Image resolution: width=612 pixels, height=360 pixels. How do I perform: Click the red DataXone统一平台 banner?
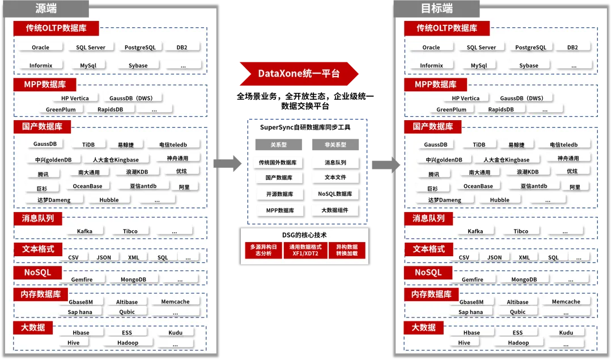pos(299,73)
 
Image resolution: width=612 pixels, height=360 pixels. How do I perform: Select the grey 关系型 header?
pos(279,145)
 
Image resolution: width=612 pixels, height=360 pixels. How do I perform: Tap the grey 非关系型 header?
pos(335,145)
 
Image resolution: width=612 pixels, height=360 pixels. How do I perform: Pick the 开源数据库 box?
pos(279,194)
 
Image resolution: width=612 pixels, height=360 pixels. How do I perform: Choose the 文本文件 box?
pos(335,177)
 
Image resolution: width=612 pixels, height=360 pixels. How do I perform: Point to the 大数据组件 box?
pos(335,210)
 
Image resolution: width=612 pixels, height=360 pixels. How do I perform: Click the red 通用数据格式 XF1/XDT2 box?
pos(305,250)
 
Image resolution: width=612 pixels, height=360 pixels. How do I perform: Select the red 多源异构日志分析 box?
pos(263,250)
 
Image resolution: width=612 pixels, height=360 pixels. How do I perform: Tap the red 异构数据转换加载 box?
pos(347,250)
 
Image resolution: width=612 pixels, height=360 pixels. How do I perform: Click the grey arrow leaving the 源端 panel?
pos(228,164)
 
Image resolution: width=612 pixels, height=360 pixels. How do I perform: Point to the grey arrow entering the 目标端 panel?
pos(386,164)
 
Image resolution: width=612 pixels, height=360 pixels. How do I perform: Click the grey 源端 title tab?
pos(46,9)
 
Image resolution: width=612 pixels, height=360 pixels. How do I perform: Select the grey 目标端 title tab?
pos(437,9)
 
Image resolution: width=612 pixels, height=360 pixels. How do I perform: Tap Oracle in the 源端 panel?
pos(41,48)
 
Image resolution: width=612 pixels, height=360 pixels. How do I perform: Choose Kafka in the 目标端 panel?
pos(475,231)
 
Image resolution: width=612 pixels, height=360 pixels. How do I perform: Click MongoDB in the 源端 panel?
pos(134,279)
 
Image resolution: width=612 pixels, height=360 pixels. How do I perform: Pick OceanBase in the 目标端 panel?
pos(478,187)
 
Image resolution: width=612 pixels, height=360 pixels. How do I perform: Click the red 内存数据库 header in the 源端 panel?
pos(41,294)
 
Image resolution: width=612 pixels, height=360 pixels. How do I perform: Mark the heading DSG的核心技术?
pos(304,235)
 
